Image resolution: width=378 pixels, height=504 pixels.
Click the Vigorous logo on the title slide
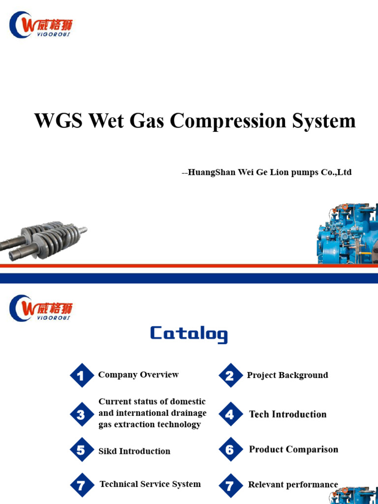tap(41, 25)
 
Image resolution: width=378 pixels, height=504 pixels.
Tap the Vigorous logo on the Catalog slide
tap(41, 308)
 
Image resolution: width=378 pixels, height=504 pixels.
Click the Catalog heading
tap(189, 334)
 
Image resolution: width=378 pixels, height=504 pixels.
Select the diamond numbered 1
tap(81, 376)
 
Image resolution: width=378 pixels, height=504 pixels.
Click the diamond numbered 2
tap(230, 376)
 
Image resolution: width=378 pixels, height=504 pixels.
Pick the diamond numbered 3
tap(81, 414)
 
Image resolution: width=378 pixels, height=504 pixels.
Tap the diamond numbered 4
tap(230, 414)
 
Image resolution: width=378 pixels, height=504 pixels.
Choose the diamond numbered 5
tap(81, 450)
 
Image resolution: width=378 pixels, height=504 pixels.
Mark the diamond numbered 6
tap(230, 450)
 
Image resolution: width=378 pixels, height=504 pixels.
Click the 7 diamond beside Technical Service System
tap(81, 485)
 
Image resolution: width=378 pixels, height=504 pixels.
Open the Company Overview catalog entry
tap(138, 375)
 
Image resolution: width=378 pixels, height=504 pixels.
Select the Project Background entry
tap(287, 376)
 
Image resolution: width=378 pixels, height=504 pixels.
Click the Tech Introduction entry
tap(288, 414)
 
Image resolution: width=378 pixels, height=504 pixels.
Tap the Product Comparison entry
tap(293, 449)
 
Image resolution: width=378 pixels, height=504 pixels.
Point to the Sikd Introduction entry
tap(134, 451)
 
